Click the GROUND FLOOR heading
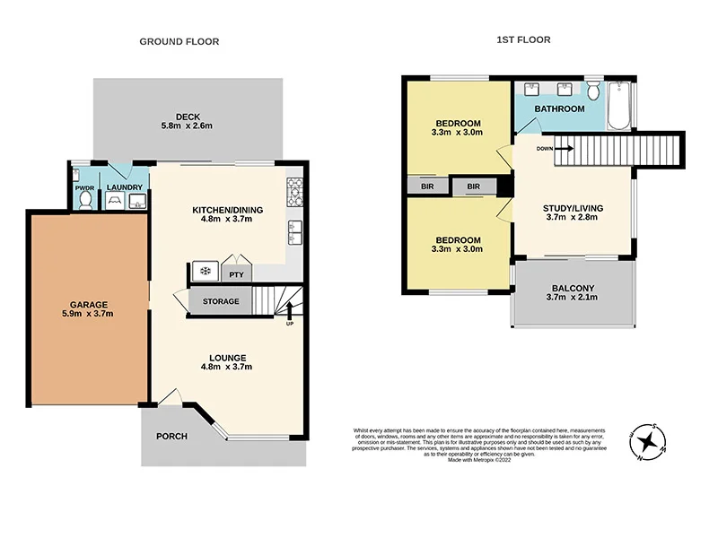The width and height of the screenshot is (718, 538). click(179, 41)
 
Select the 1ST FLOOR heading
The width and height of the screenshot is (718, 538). click(523, 39)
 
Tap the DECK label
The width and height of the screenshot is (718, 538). click(188, 116)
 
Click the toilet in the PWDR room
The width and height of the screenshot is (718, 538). click(84, 202)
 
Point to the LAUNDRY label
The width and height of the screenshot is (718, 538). click(124, 187)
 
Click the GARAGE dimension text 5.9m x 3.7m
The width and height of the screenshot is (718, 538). click(86, 313)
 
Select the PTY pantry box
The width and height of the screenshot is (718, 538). click(237, 275)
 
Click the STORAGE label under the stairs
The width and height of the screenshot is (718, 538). click(221, 301)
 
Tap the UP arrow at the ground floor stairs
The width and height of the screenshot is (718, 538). click(289, 311)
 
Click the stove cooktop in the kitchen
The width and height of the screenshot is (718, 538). click(294, 190)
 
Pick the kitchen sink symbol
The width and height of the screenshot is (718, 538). click(293, 232)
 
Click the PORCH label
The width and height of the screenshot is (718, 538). click(171, 437)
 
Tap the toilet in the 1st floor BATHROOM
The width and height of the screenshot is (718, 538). click(593, 91)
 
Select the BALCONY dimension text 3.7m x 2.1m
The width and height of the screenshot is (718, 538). click(573, 300)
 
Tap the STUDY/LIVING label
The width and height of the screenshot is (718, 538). click(573, 208)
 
